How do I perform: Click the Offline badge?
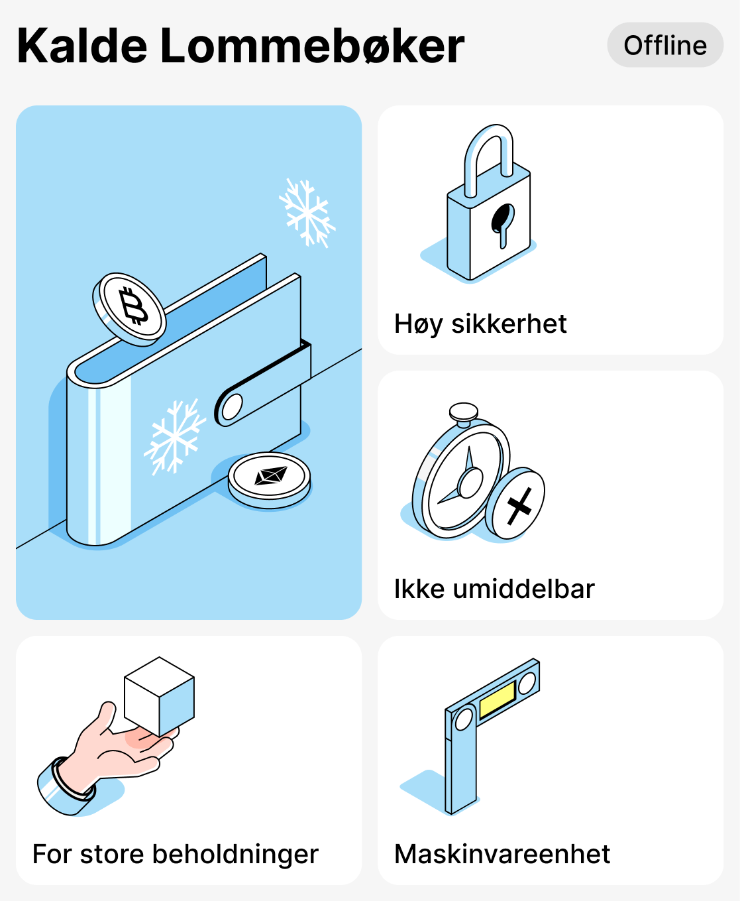[665, 45]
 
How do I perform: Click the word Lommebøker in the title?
[312, 46]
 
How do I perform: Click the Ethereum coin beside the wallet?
[270, 478]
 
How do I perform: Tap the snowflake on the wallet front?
[174, 436]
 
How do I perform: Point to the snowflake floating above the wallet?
[307, 213]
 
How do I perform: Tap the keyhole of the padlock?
[502, 222]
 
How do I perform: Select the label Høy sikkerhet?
[480, 324]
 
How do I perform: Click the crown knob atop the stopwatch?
[464, 413]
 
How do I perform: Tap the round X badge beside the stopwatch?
[516, 504]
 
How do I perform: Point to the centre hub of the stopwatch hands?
[470, 483]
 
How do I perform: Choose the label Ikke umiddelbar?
[494, 589]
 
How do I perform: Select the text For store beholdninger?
[176, 854]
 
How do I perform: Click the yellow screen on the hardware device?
[498, 699]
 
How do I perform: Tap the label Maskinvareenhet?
[502, 854]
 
